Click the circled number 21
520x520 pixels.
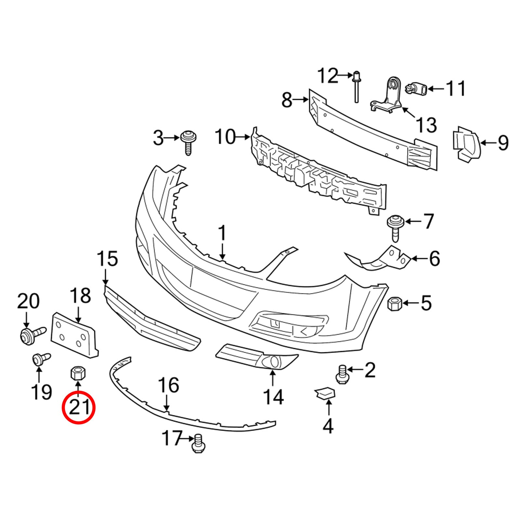click(79, 408)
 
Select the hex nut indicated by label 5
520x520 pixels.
click(395, 304)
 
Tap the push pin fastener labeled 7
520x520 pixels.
click(395, 227)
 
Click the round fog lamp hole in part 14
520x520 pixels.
click(274, 361)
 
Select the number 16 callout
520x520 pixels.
click(169, 385)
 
